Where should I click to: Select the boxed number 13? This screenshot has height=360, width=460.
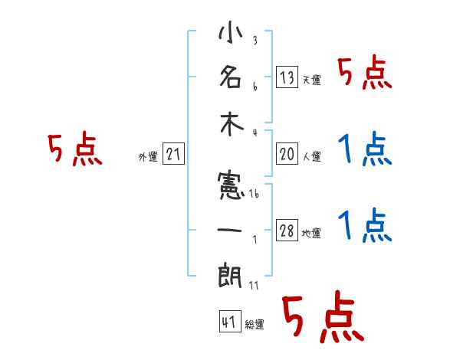[287, 77]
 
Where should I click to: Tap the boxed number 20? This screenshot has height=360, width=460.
[287, 154]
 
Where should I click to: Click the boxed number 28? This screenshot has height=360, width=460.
[287, 231]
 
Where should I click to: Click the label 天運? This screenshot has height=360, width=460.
[311, 80]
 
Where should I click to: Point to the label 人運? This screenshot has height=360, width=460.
[311, 157]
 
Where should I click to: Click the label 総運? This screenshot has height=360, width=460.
[255, 324]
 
